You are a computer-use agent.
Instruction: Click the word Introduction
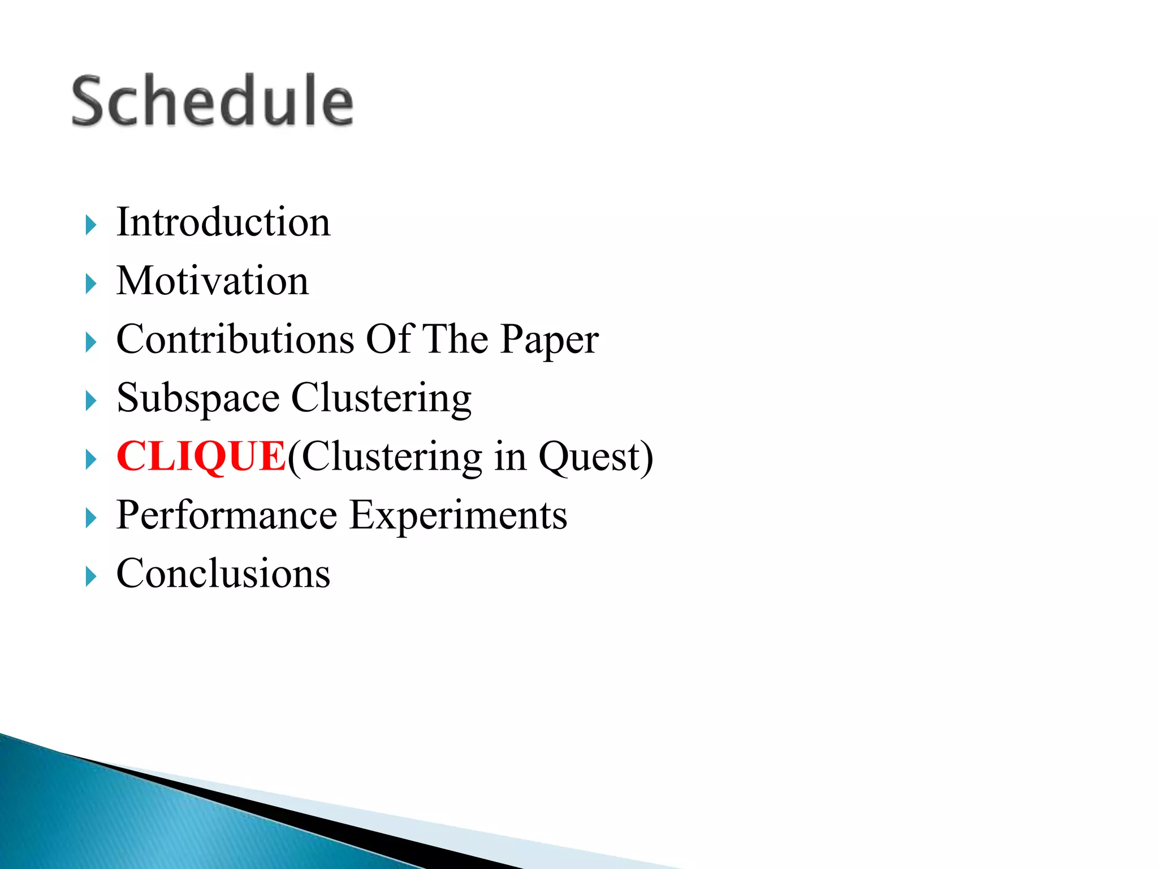click(x=223, y=222)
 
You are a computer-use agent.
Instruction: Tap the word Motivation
click(x=213, y=281)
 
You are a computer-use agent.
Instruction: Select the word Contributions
click(x=235, y=339)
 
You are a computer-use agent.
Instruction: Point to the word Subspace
click(x=198, y=399)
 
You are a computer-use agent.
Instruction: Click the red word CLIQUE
click(x=201, y=457)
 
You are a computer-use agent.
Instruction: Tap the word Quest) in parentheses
click(x=595, y=457)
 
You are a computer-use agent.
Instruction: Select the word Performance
click(x=227, y=516)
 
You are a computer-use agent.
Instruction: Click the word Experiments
click(x=458, y=516)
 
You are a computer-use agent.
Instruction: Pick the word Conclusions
click(x=223, y=574)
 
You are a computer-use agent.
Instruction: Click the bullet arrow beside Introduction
click(x=91, y=225)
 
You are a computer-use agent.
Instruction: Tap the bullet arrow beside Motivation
click(x=91, y=283)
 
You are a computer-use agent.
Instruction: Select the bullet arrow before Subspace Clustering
click(x=91, y=401)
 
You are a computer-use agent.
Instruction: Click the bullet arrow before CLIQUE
click(x=91, y=459)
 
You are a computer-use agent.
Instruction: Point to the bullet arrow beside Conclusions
click(x=91, y=577)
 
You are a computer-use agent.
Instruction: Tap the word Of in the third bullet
click(x=390, y=339)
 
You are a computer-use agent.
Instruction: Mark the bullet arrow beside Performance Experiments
click(x=91, y=518)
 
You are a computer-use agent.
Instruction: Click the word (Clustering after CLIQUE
click(x=384, y=457)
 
